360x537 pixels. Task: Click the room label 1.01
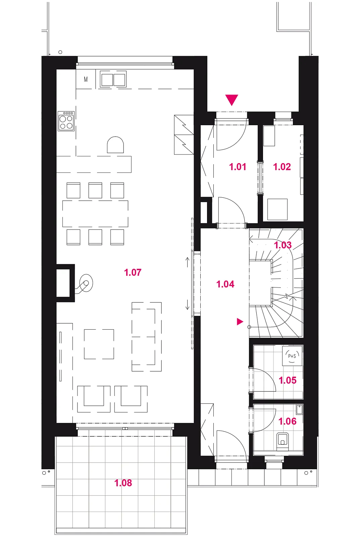[238, 167]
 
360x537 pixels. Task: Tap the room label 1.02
[282, 167]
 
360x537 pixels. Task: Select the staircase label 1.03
[283, 245]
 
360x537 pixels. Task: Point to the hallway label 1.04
[225, 284]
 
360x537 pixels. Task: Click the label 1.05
[288, 380]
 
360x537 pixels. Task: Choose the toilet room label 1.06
[288, 421]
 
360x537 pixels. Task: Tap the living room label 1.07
[133, 272]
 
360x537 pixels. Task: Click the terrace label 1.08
[123, 483]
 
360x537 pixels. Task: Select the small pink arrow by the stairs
[240, 322]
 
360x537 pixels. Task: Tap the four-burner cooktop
[66, 121]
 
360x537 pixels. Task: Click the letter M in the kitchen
[86, 79]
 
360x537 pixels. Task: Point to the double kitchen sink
[113, 79]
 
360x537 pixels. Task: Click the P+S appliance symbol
[292, 356]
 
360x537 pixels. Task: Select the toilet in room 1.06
[282, 442]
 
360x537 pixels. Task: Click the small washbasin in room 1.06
[299, 410]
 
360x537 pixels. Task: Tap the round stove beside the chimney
[86, 283]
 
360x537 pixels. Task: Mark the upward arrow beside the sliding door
[188, 263]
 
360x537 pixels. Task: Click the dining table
[95, 214]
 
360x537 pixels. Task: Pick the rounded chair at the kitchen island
[115, 145]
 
